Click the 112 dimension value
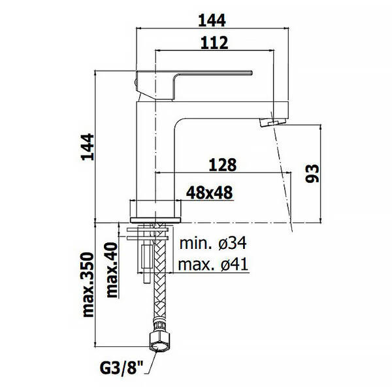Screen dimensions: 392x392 point(214,42)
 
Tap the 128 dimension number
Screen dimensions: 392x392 point(223,165)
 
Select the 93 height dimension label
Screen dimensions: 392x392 point(312,174)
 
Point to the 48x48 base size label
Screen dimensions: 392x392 point(210,193)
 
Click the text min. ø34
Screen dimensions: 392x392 point(213,242)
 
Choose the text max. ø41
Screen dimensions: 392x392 point(213,264)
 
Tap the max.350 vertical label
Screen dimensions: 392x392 point(88,285)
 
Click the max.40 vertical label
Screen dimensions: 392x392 point(112,269)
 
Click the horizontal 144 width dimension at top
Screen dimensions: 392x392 point(212,20)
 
